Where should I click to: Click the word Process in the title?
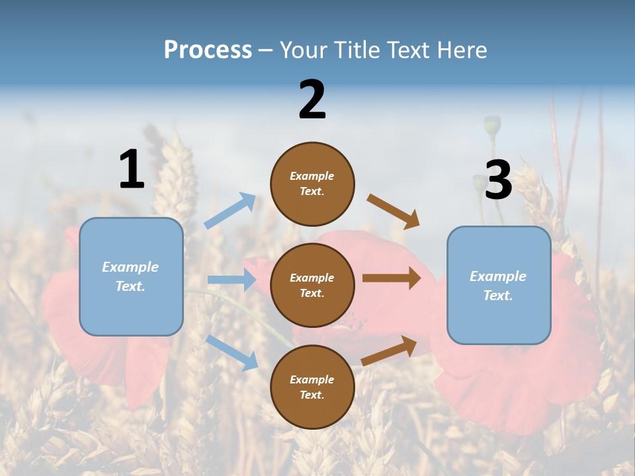pos(208,50)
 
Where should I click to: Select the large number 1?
pos(132,169)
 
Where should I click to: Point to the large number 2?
pos(312,100)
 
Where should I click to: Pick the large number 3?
pos(498,180)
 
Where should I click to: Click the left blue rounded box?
pos(131,276)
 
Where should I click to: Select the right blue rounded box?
pos(499,285)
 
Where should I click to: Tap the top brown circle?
pos(312,184)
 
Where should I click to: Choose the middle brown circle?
pos(312,285)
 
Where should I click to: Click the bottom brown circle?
pos(312,387)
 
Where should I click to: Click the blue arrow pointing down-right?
pos(232,352)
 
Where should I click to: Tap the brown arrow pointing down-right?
pos(394,211)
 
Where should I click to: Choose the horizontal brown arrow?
pos(392,278)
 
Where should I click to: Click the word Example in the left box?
pos(130,267)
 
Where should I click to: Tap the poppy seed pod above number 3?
pos(492,124)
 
